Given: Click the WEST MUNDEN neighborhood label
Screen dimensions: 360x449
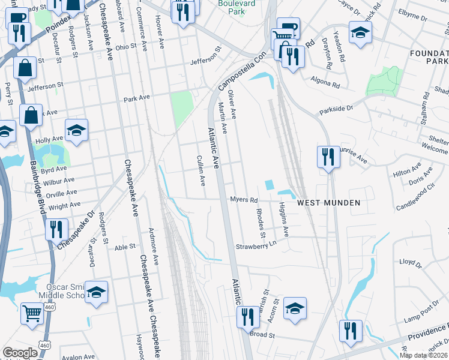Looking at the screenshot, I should (329, 203).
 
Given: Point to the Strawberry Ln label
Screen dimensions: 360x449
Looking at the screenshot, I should (256, 245).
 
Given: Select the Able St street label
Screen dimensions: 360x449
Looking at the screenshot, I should (125, 247).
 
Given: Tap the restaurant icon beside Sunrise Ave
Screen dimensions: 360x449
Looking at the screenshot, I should (327, 158).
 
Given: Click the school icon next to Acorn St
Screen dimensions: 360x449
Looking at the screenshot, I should (294, 308).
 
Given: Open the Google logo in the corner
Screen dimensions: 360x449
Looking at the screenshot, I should (20, 353).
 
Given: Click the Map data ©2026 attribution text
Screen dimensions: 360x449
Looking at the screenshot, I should (423, 355).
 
